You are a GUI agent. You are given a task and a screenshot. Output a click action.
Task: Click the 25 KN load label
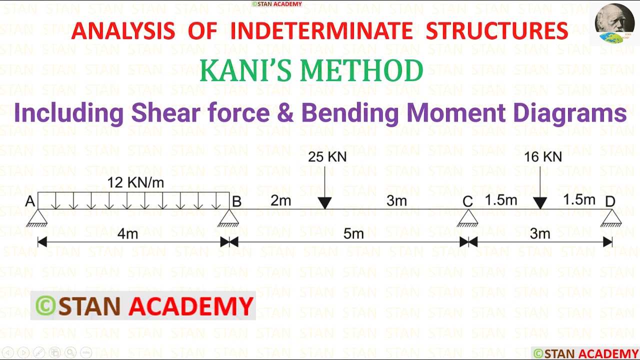tap(327, 157)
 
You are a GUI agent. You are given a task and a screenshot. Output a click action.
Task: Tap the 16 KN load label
tap(542, 157)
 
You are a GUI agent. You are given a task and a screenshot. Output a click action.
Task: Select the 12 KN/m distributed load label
tap(135, 183)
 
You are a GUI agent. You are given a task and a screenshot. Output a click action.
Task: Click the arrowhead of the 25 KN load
tap(324, 203)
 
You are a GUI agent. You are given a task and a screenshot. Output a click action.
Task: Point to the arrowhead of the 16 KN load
tap(540, 203)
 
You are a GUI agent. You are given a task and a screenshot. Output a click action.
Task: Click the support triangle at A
tap(38, 217)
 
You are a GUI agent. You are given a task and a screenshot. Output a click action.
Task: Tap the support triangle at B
tap(229, 217)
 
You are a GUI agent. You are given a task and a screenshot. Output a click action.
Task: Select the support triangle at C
tap(467, 217)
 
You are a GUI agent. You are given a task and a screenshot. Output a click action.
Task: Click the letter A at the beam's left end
tap(30, 201)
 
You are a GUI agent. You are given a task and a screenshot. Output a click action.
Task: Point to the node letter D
tap(609, 201)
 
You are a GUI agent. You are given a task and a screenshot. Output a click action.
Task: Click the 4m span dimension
tap(127, 234)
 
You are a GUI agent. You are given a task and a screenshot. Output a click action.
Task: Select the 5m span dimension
tap(353, 234)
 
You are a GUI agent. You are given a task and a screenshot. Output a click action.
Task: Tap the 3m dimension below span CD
tap(540, 234)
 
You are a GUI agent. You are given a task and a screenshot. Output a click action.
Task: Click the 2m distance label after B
tap(280, 201)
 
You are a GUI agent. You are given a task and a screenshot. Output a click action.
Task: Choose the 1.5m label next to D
tap(579, 200)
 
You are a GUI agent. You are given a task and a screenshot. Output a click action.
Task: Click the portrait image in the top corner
tap(614, 23)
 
